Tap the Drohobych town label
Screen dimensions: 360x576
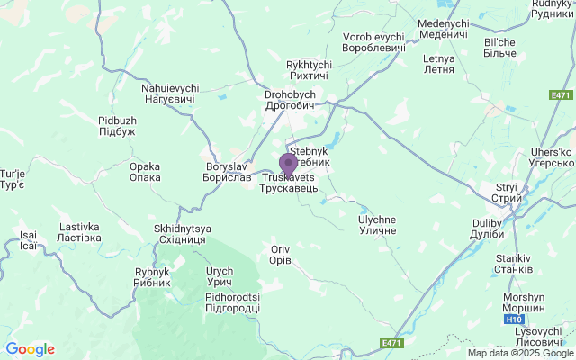[288, 100]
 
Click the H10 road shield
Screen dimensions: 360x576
[512, 319]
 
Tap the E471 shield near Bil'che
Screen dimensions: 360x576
[560, 95]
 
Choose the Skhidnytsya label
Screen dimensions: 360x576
[180, 234]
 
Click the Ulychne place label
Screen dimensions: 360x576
[377, 225]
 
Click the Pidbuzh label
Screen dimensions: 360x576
[117, 125]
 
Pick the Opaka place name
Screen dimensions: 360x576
[145, 172]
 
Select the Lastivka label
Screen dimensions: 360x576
[80, 232]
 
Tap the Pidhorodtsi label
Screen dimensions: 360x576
[232, 302]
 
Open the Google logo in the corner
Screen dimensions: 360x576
[30, 349]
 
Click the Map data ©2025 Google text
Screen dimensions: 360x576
[520, 353]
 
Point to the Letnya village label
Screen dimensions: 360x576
[438, 64]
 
